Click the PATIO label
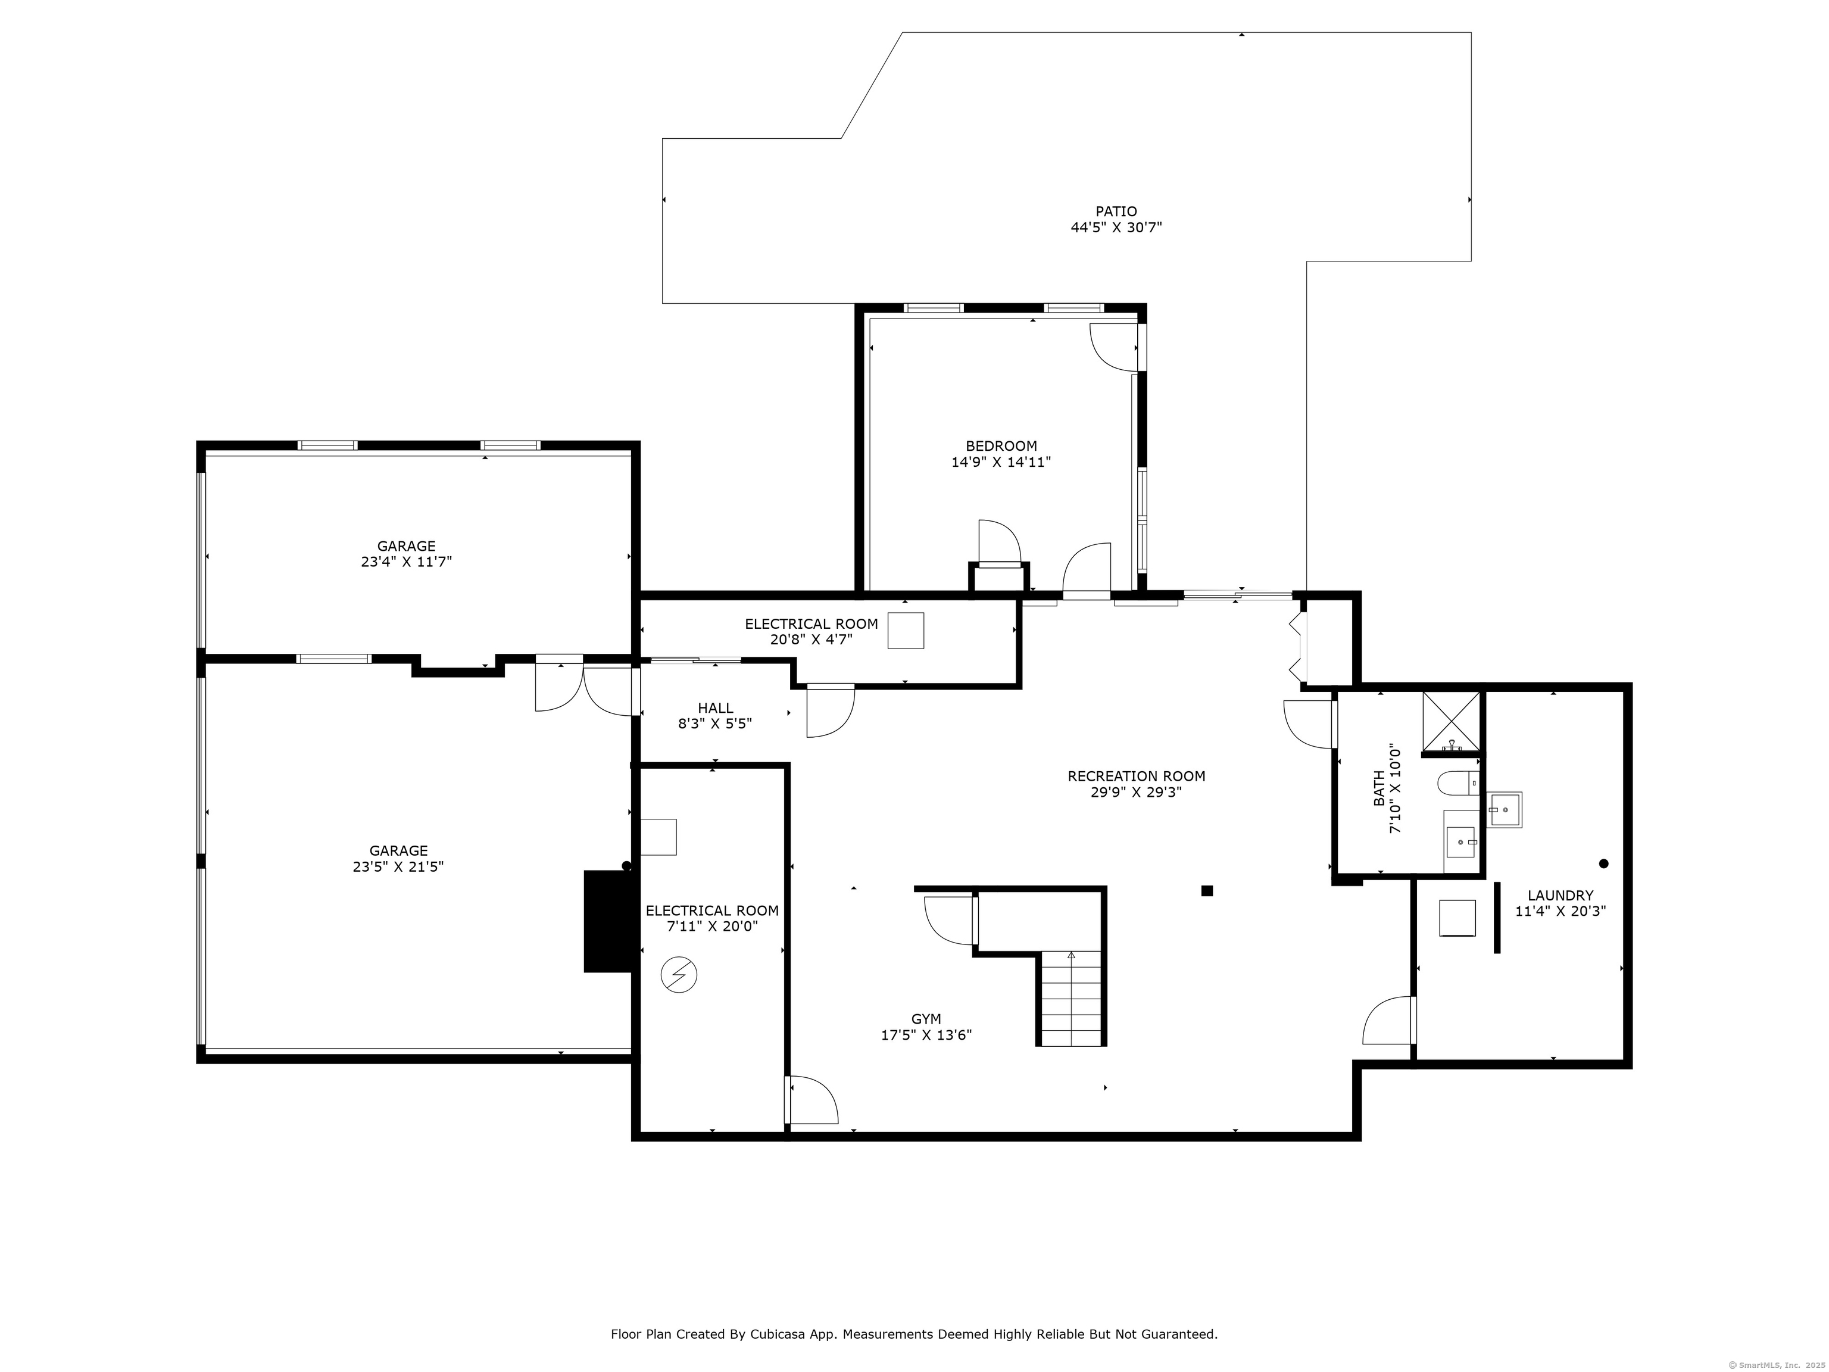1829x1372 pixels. pyautogui.click(x=1116, y=212)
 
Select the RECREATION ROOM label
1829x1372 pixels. pyautogui.click(x=1136, y=777)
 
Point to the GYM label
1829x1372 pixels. pyautogui.click(x=926, y=1019)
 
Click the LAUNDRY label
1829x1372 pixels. pyautogui.click(x=1560, y=896)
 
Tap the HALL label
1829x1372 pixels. pyautogui.click(x=715, y=708)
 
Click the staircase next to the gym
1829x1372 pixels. pyautogui.click(x=1070, y=998)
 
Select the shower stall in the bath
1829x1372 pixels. pyautogui.click(x=1451, y=724)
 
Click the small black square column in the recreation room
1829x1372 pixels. pyautogui.click(x=1207, y=891)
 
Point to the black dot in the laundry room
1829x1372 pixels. pyautogui.click(x=1604, y=863)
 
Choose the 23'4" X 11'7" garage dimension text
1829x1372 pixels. pyautogui.click(x=406, y=562)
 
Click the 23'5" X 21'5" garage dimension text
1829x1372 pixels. pyautogui.click(x=398, y=866)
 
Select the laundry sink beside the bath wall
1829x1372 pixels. pyautogui.click(x=1505, y=810)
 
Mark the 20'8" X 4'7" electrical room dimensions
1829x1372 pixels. pyautogui.click(x=811, y=640)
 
